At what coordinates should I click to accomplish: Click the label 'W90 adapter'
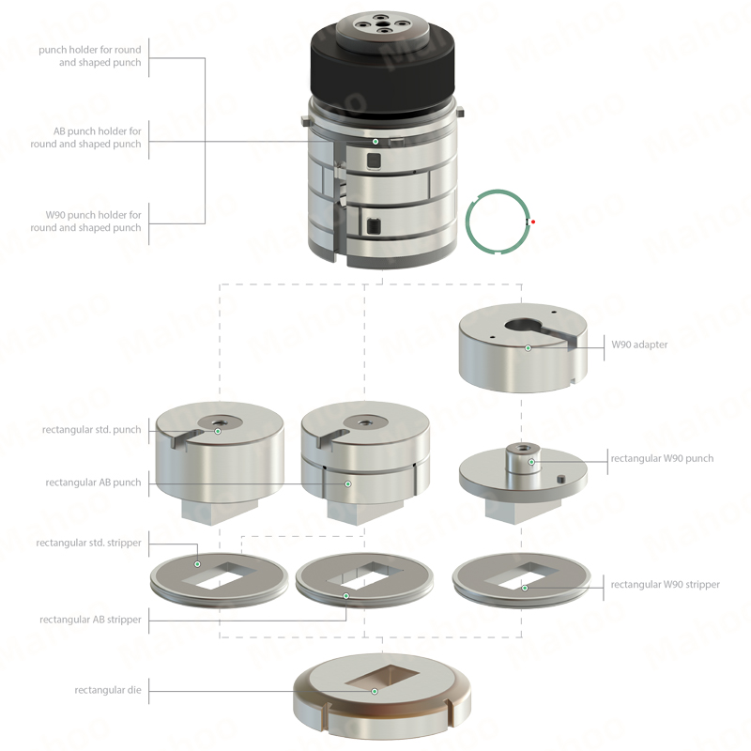pos(639,345)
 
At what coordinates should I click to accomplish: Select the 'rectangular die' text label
pos(108,690)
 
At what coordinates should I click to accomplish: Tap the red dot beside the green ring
pos(533,222)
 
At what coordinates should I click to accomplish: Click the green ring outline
pos(467,222)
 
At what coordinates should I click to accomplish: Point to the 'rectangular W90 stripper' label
pos(666,585)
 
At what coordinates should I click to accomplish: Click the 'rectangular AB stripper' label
pos(90,620)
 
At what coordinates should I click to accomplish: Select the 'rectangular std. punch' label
pos(91,430)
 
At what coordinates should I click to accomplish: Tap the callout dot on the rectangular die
pos(375,691)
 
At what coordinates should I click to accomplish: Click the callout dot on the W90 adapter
pos(528,348)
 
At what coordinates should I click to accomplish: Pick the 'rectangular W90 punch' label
pos(662,458)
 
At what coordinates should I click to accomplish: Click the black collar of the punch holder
pos(382,72)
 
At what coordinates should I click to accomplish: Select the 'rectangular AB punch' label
pos(93,483)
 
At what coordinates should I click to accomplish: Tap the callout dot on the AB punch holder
pos(375,142)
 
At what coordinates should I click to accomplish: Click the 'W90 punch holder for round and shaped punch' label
pos(85,222)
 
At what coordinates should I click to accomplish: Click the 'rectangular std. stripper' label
pos(88,544)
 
